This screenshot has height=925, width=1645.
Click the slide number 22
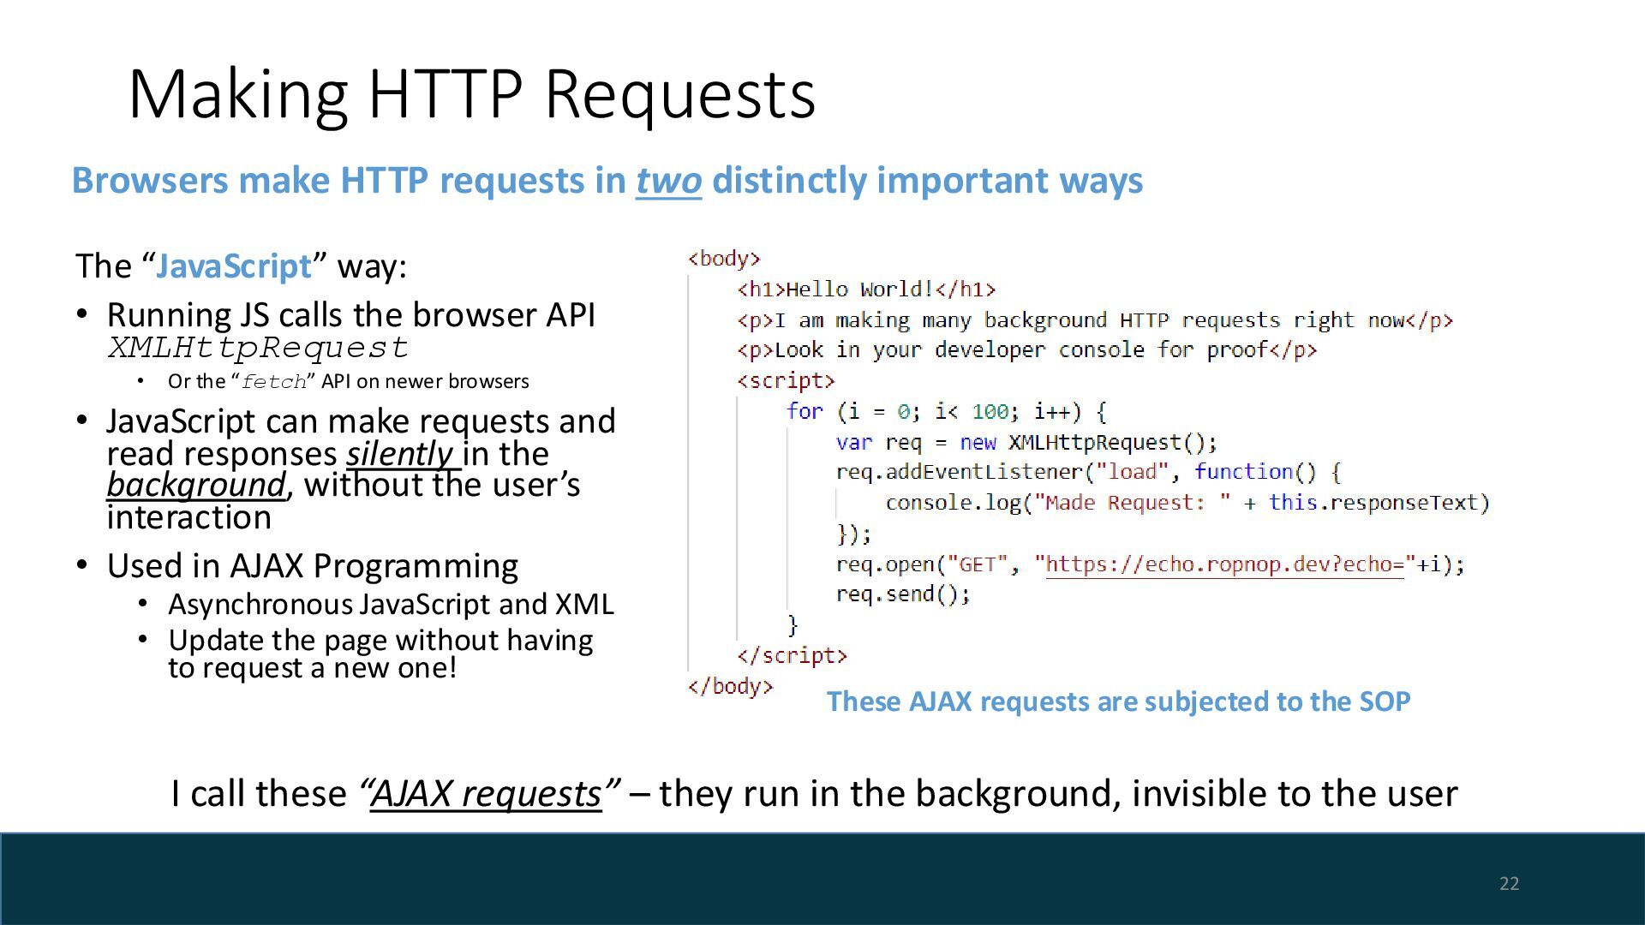coord(1509,884)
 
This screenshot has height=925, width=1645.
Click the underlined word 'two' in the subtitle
coord(668,181)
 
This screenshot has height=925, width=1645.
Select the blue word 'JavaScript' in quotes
coord(234,266)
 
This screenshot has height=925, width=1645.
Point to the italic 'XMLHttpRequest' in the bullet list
coord(258,348)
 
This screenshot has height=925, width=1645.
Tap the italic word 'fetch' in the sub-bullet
coord(273,382)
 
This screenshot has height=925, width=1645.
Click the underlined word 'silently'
coord(399,454)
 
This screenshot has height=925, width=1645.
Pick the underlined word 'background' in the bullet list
coord(195,485)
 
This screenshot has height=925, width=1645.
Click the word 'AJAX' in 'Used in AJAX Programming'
coord(266,566)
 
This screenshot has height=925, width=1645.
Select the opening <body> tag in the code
coord(724,258)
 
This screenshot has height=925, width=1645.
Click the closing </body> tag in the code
coord(730,686)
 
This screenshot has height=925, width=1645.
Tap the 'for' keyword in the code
coord(805,411)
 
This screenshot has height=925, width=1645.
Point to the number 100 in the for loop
coord(990,412)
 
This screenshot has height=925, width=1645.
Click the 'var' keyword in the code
coord(853,442)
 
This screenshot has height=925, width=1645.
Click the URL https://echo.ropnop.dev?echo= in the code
coord(1225,564)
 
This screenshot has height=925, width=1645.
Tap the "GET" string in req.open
coord(977,564)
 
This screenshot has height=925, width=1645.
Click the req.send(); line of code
coord(903,594)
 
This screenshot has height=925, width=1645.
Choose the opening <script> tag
coord(786,380)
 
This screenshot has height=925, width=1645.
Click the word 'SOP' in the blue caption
coord(1385,701)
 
